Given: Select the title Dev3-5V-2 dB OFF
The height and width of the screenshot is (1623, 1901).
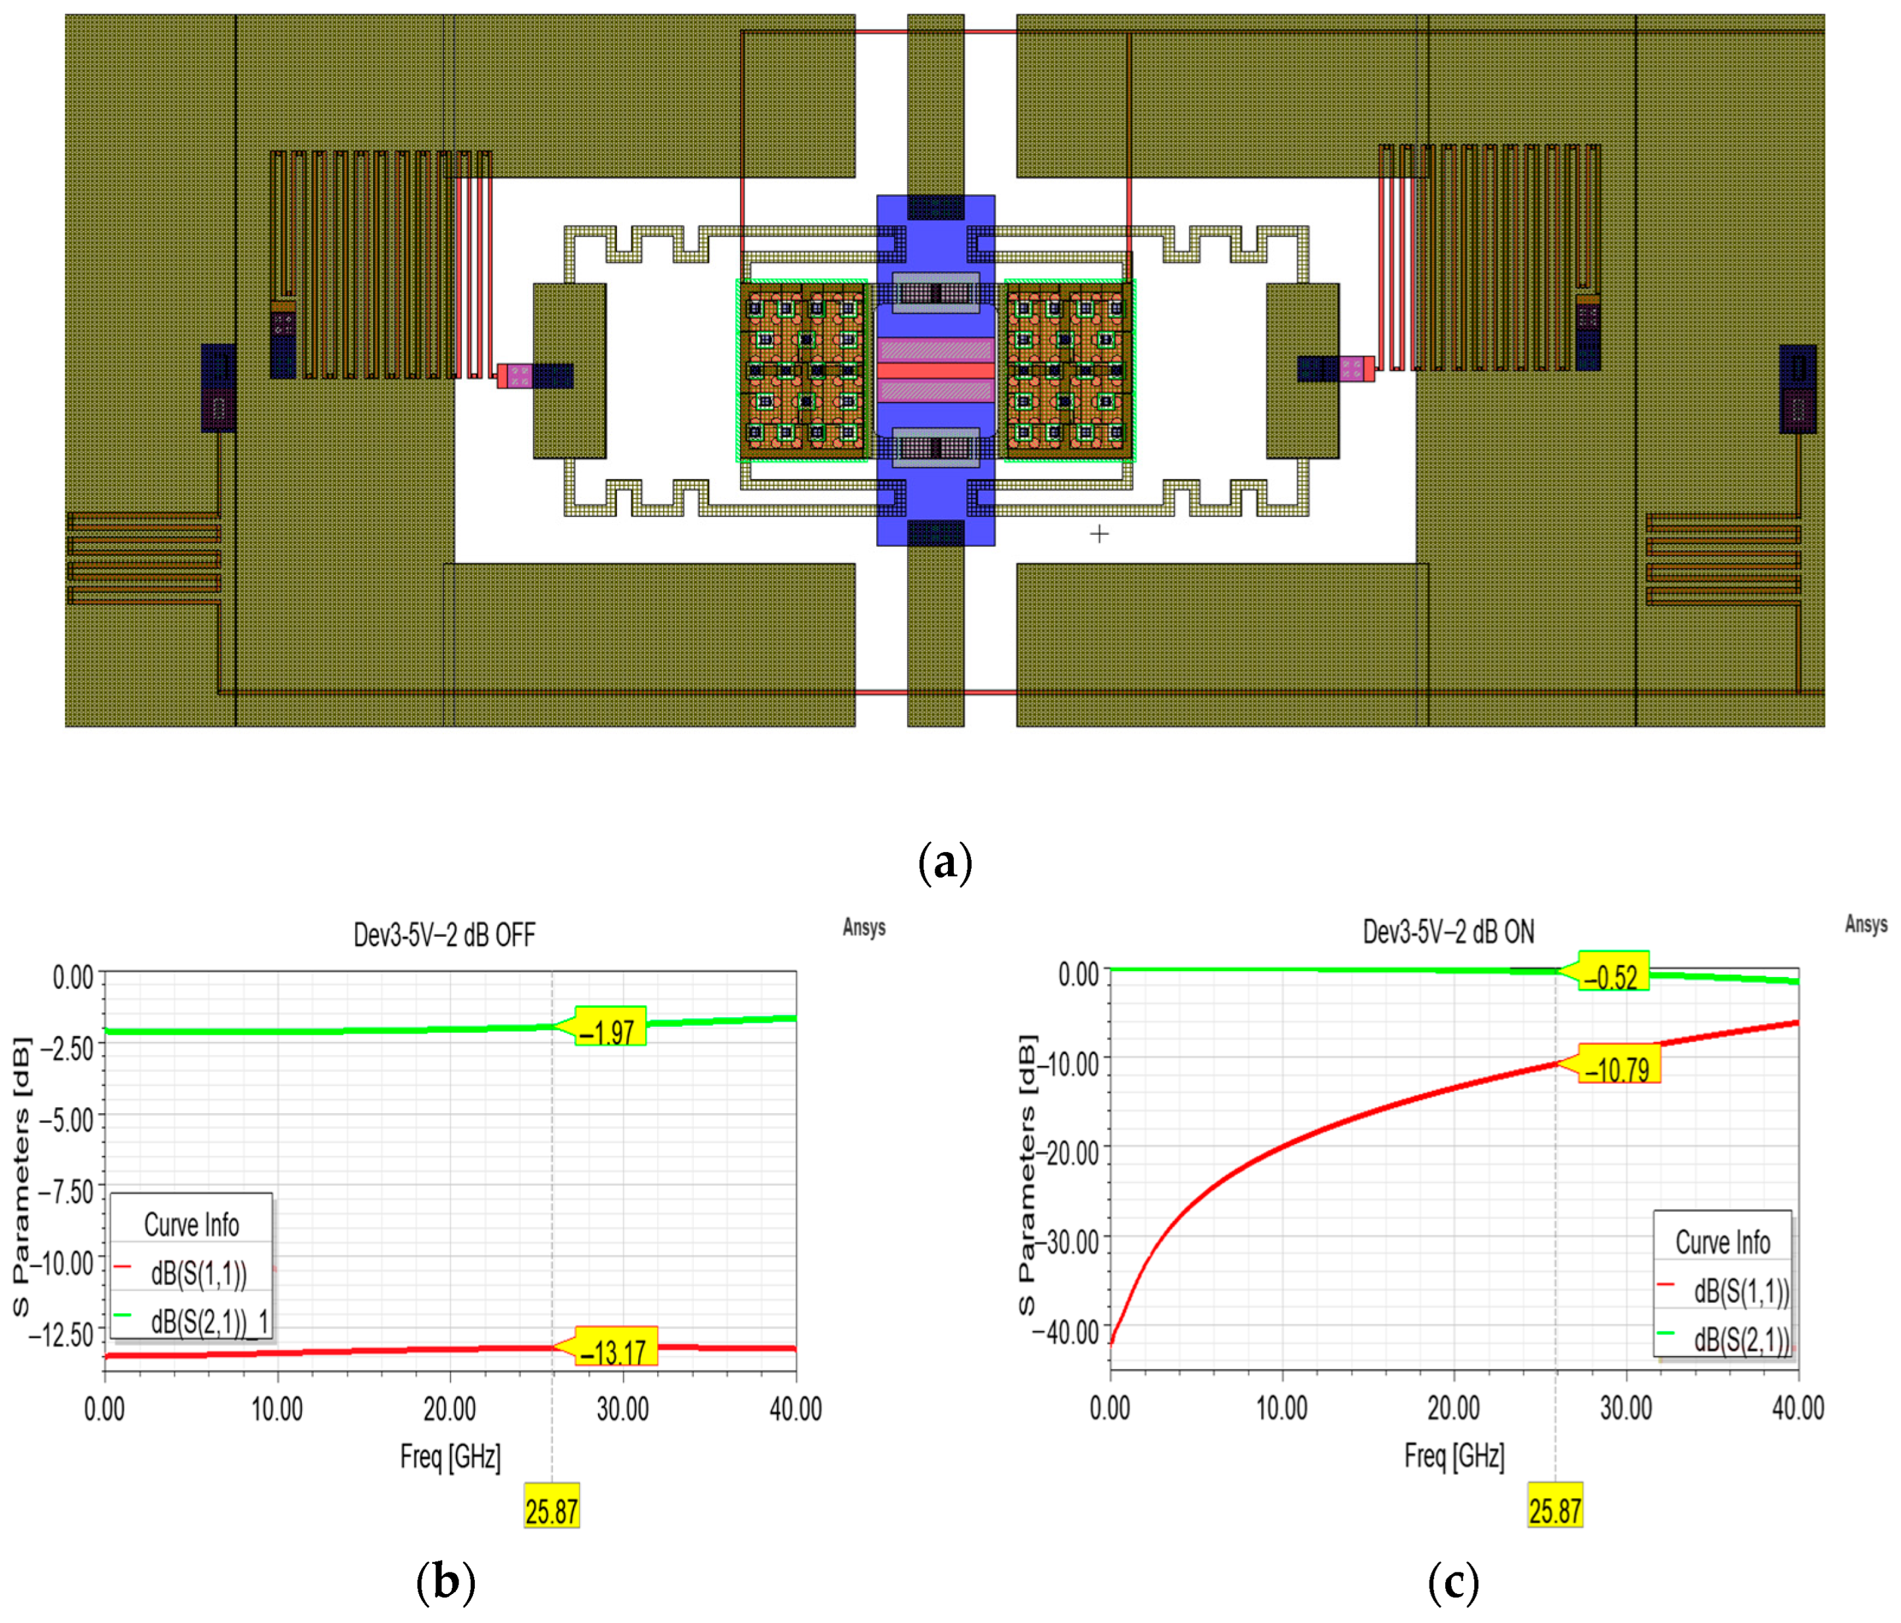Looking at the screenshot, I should point(444,935).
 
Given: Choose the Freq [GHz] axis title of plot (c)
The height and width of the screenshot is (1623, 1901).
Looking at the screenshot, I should point(1454,1455).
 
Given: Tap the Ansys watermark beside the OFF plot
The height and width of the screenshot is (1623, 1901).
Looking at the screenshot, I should point(863,927).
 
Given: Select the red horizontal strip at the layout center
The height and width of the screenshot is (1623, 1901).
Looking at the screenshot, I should point(936,370).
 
